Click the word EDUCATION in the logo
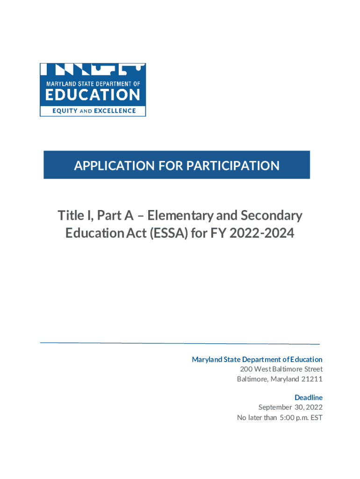click(x=93, y=95)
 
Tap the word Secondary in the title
click(x=272, y=216)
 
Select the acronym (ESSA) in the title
click(x=166, y=233)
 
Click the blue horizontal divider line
click(x=180, y=343)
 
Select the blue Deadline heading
click(x=309, y=398)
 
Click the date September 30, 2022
click(x=290, y=407)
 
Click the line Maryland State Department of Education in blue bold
click(x=257, y=359)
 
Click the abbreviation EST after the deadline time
click(x=317, y=417)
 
